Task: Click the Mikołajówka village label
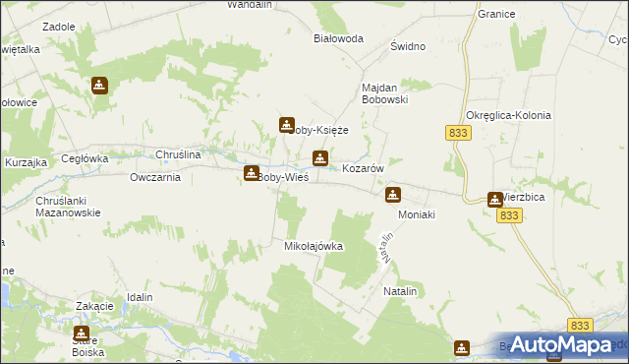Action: [x=314, y=246]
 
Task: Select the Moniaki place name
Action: [x=416, y=213]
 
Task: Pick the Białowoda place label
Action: [x=338, y=38]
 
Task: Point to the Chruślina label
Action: [x=179, y=154]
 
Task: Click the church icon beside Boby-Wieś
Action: [x=252, y=173]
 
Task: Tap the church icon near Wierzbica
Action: [x=495, y=200]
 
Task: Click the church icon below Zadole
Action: [x=98, y=86]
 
